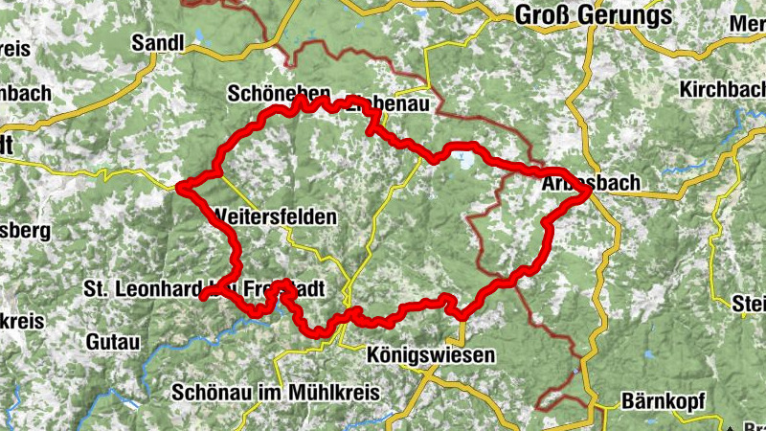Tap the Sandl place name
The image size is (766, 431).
pos(157,42)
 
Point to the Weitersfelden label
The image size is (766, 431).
pos(277,217)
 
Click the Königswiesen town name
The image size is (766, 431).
pos(431,356)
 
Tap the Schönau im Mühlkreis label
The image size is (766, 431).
pos(277,393)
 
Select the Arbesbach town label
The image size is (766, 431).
pos(576,183)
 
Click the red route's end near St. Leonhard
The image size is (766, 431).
pos(204,297)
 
